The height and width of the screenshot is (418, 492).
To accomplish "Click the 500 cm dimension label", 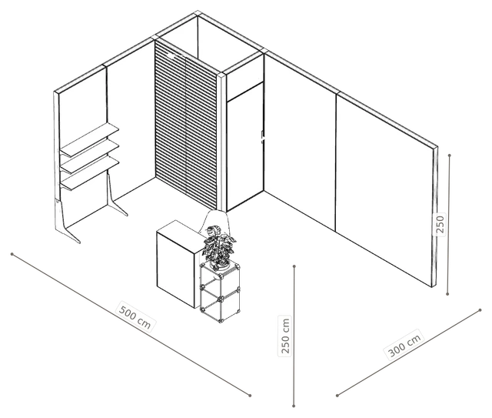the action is point(135,316).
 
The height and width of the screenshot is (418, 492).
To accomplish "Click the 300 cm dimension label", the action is point(405,344).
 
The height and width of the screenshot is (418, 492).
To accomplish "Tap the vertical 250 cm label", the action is point(285,336).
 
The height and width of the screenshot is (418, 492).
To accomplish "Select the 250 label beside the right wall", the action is point(440,224).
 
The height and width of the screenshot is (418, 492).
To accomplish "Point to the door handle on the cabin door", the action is point(263,137).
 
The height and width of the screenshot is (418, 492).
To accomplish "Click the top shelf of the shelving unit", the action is point(89,140).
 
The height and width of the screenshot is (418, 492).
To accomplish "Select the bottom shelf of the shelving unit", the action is point(89,174).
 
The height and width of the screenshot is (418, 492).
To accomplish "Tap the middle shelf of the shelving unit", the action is point(89,157).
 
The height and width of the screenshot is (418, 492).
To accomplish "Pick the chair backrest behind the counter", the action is point(217,223).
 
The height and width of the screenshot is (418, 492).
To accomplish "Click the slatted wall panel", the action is point(186,124).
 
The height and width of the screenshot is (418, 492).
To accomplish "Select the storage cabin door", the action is point(245,147).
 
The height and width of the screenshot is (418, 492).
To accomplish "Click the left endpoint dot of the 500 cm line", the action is point(12,254).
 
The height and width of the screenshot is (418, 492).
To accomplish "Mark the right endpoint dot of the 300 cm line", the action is point(480,310).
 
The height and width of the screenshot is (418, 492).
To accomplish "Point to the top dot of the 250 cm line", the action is point(294,266).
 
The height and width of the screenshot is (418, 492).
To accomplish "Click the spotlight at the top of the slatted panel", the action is point(171,56).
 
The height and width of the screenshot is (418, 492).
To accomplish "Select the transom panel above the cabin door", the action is point(245,79).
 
